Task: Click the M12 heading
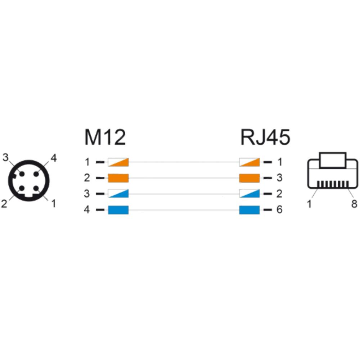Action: pyautogui.click(x=105, y=137)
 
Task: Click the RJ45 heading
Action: pyautogui.click(x=265, y=137)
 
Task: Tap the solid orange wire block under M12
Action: pyautogui.click(x=118, y=178)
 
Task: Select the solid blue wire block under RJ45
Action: pyautogui.click(x=249, y=210)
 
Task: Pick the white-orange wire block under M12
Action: pyautogui.click(x=118, y=162)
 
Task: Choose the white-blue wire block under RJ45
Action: pyautogui.click(x=249, y=194)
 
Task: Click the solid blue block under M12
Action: pyautogui.click(x=118, y=210)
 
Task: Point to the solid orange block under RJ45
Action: pyautogui.click(x=249, y=178)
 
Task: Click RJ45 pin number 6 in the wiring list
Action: pyautogui.click(x=279, y=210)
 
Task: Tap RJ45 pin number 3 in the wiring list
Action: pyautogui.click(x=279, y=178)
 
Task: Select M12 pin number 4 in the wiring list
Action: pyautogui.click(x=87, y=210)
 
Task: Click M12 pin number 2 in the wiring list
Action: pyautogui.click(x=87, y=178)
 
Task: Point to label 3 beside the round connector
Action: pyautogui.click(x=5, y=158)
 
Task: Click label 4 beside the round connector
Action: pyautogui.click(x=54, y=158)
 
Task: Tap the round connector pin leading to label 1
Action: pyautogui.click(x=36, y=189)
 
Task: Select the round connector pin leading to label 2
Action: pyautogui.click(x=22, y=189)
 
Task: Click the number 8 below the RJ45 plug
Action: pyautogui.click(x=354, y=204)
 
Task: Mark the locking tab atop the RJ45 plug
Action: pyautogui.click(x=333, y=160)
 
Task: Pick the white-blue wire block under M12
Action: pyautogui.click(x=118, y=194)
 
